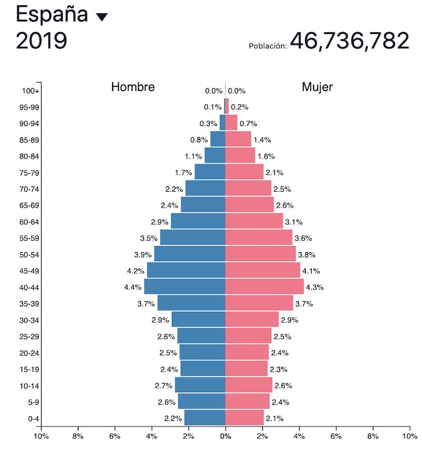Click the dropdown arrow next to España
point(102,17)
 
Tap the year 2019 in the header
point(41,41)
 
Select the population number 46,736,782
point(350,40)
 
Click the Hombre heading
point(133,87)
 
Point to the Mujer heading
point(317,87)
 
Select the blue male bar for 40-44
point(184,287)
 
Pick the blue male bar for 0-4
point(204,417)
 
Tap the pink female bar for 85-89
point(238,139)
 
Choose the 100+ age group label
point(31,91)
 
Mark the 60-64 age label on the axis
point(29,221)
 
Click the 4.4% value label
point(132,287)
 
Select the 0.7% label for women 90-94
point(248,124)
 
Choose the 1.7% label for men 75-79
point(183,173)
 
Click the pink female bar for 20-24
point(247,352)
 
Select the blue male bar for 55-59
point(192,238)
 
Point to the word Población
point(267,46)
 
